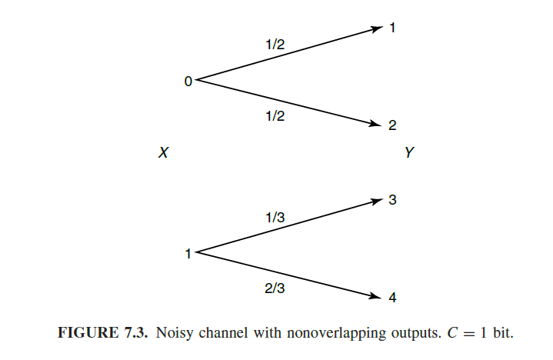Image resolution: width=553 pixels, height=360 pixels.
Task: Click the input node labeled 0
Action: (x=188, y=80)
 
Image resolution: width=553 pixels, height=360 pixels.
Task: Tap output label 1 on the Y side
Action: (x=392, y=28)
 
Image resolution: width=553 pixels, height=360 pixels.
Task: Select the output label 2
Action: (x=392, y=126)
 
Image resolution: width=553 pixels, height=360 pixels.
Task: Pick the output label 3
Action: (x=392, y=201)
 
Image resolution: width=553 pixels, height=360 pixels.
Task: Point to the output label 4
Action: (x=392, y=298)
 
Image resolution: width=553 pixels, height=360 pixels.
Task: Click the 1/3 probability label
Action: (x=275, y=218)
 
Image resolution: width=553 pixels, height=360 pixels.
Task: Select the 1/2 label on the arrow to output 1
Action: (x=275, y=45)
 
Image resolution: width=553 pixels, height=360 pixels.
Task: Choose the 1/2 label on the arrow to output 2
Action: (x=275, y=115)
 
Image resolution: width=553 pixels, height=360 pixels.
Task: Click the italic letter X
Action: (x=163, y=153)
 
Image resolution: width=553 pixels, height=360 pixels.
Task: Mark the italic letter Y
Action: (x=409, y=153)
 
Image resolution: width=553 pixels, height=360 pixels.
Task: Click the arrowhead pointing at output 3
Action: (x=377, y=201)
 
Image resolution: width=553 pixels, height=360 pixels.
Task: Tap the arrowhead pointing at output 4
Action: (x=377, y=297)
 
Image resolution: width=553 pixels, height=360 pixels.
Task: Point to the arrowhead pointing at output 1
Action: (x=377, y=28)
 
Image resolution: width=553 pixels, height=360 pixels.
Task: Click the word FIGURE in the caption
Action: (x=82, y=335)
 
